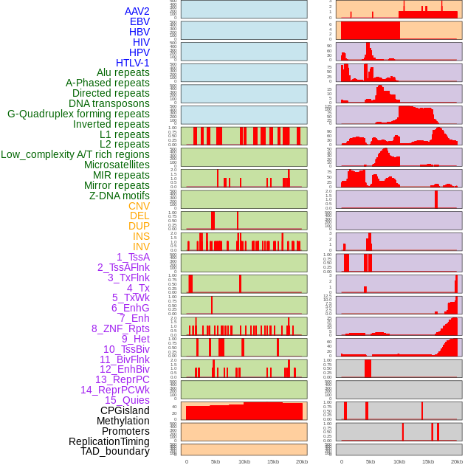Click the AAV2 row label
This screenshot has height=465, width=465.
click(x=137, y=11)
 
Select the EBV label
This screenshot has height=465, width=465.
click(x=139, y=21)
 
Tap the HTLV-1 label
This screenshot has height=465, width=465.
click(x=133, y=63)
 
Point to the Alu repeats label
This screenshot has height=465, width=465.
click(x=123, y=72)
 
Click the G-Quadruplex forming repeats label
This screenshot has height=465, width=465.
click(x=78, y=114)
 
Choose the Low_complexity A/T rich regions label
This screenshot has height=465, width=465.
click(x=75, y=154)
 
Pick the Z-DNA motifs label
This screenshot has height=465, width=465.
click(x=120, y=196)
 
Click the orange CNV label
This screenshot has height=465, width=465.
click(x=139, y=206)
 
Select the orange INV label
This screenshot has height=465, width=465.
click(x=141, y=247)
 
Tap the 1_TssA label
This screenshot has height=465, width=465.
click(x=133, y=257)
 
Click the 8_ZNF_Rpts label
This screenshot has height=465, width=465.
click(x=120, y=328)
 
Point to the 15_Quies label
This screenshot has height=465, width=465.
click(x=127, y=400)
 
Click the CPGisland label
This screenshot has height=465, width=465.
click(x=125, y=410)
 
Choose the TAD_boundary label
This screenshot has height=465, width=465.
click(x=115, y=451)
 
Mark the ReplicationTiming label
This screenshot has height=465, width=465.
click(x=108, y=441)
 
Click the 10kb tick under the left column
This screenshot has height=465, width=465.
click(x=244, y=461)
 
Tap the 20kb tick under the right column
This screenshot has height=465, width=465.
click(x=457, y=461)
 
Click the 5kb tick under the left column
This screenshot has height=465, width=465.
click(x=216, y=461)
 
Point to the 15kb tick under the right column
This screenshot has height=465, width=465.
click(x=428, y=461)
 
